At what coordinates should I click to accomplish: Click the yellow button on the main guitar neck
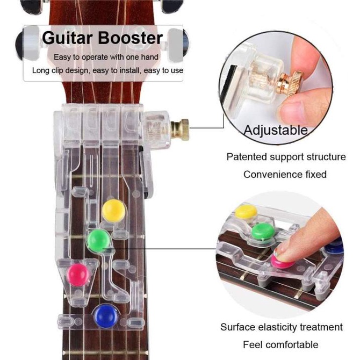tap(113, 211)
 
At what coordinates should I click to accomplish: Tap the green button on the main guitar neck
tap(99, 241)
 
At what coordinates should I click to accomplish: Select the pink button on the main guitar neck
tap(78, 275)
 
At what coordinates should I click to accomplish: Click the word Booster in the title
tap(131, 38)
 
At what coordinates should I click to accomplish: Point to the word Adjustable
tap(276, 130)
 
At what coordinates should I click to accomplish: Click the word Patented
tap(246, 157)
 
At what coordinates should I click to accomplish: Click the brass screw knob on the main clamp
tap(180, 129)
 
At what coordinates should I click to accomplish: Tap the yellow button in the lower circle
tap(246, 212)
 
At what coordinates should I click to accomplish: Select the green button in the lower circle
tap(263, 231)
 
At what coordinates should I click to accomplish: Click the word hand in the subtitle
tap(149, 57)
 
